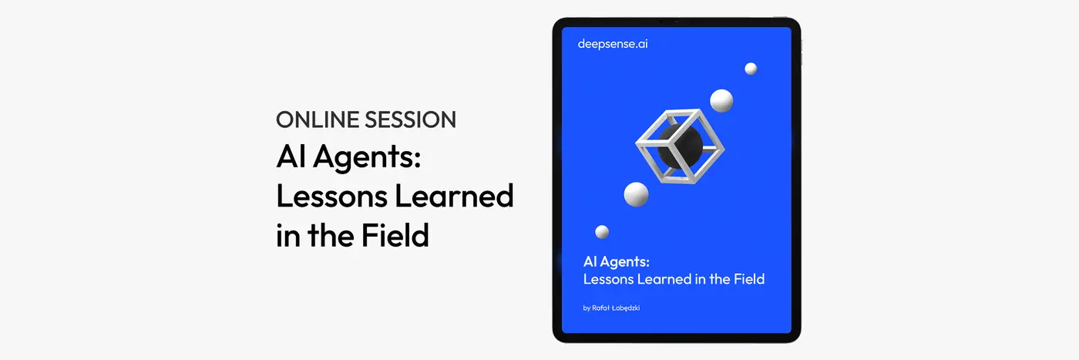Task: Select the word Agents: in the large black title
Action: point(367,157)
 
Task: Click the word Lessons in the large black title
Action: point(332,196)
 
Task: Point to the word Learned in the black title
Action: point(454,196)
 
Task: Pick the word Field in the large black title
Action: point(395,235)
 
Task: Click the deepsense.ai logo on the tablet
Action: point(613,44)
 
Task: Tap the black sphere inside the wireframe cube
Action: point(680,145)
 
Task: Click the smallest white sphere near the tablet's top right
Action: point(751,69)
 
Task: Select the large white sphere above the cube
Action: point(721,101)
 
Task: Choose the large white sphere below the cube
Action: point(637,194)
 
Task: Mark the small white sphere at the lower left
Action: point(602,232)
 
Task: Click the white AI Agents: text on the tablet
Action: point(617,262)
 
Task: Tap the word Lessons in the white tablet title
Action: point(608,279)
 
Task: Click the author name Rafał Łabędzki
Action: point(616,308)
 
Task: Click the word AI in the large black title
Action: point(291,156)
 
